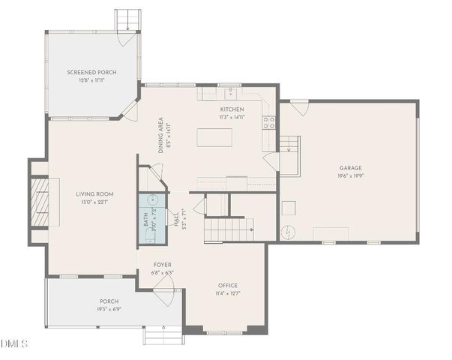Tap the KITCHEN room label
point(232,109)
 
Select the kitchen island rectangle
point(214,137)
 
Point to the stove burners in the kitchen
point(268,123)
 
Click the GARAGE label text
point(350,169)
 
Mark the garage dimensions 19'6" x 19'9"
point(350,176)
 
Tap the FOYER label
point(163,265)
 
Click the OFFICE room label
point(228,286)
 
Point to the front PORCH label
point(109,301)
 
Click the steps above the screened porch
point(127,20)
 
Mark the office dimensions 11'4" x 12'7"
point(228,293)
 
